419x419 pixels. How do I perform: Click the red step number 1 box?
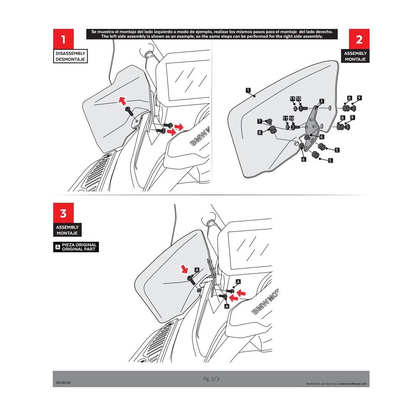pyautogui.click(x=63, y=39)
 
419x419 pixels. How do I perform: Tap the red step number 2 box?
pyautogui.click(x=359, y=39)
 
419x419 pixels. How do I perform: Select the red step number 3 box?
pyautogui.click(x=63, y=214)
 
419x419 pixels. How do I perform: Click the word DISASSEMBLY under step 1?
pyautogui.click(x=71, y=54)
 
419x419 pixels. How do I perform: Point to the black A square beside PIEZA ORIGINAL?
pyautogui.click(x=57, y=247)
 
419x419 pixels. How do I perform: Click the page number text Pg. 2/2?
pyautogui.click(x=211, y=379)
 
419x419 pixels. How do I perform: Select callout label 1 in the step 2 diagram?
pyautogui.click(x=248, y=90)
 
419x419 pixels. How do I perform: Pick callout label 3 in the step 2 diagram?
pyautogui.click(x=321, y=101)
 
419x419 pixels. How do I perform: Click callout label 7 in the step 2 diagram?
pyautogui.click(x=260, y=122)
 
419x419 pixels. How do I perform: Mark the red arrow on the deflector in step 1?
pyautogui.click(x=122, y=100)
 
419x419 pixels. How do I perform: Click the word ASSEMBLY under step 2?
pyautogui.click(x=355, y=54)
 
